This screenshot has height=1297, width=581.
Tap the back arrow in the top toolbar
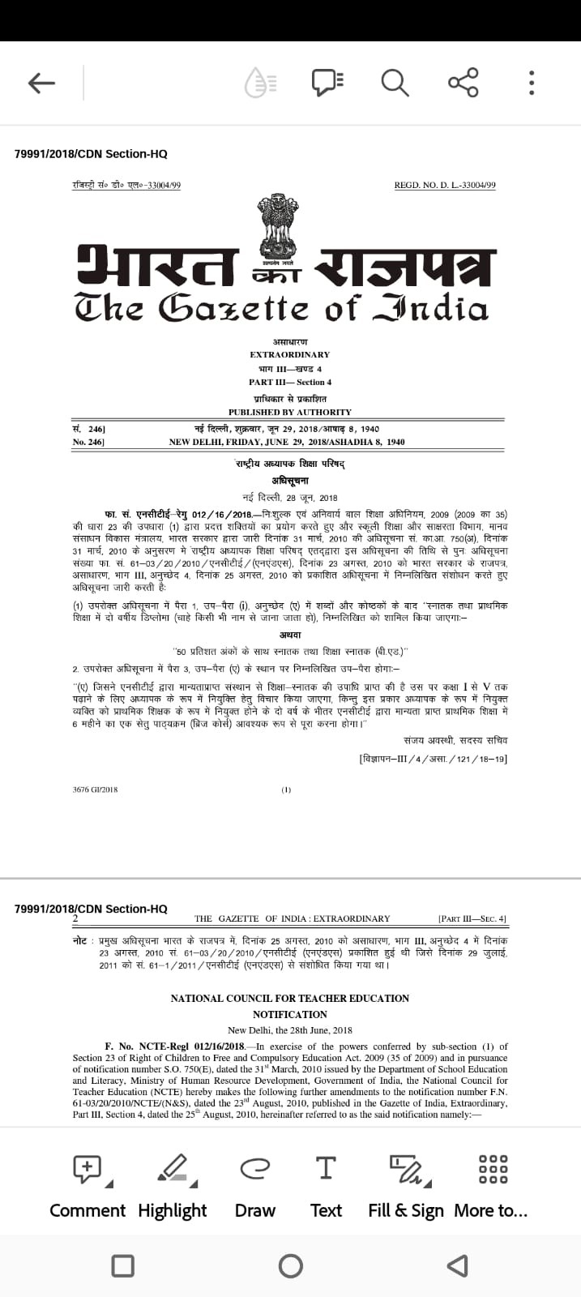tap(41, 82)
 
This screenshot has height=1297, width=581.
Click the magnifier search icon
tap(395, 82)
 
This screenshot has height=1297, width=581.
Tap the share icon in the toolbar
tap(463, 82)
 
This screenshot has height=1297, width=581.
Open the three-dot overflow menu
tap(532, 82)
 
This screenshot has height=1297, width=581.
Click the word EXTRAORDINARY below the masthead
tap(289, 354)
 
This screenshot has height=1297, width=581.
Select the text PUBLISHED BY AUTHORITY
tap(289, 412)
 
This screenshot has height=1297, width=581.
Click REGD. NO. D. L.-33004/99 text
tap(444, 186)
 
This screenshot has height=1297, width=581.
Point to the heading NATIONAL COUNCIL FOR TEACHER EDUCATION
tap(289, 998)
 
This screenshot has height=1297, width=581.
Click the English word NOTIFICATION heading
tap(289, 1014)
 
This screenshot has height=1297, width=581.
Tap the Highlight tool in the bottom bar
tap(173, 1184)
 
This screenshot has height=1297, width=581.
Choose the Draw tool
tap(254, 1184)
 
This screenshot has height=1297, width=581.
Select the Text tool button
tap(326, 1184)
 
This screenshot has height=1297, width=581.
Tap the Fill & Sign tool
tap(405, 1184)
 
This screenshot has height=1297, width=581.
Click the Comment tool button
tap(88, 1184)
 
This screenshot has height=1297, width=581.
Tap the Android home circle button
tap(290, 1265)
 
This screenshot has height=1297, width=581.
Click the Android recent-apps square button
tap(122, 1265)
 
